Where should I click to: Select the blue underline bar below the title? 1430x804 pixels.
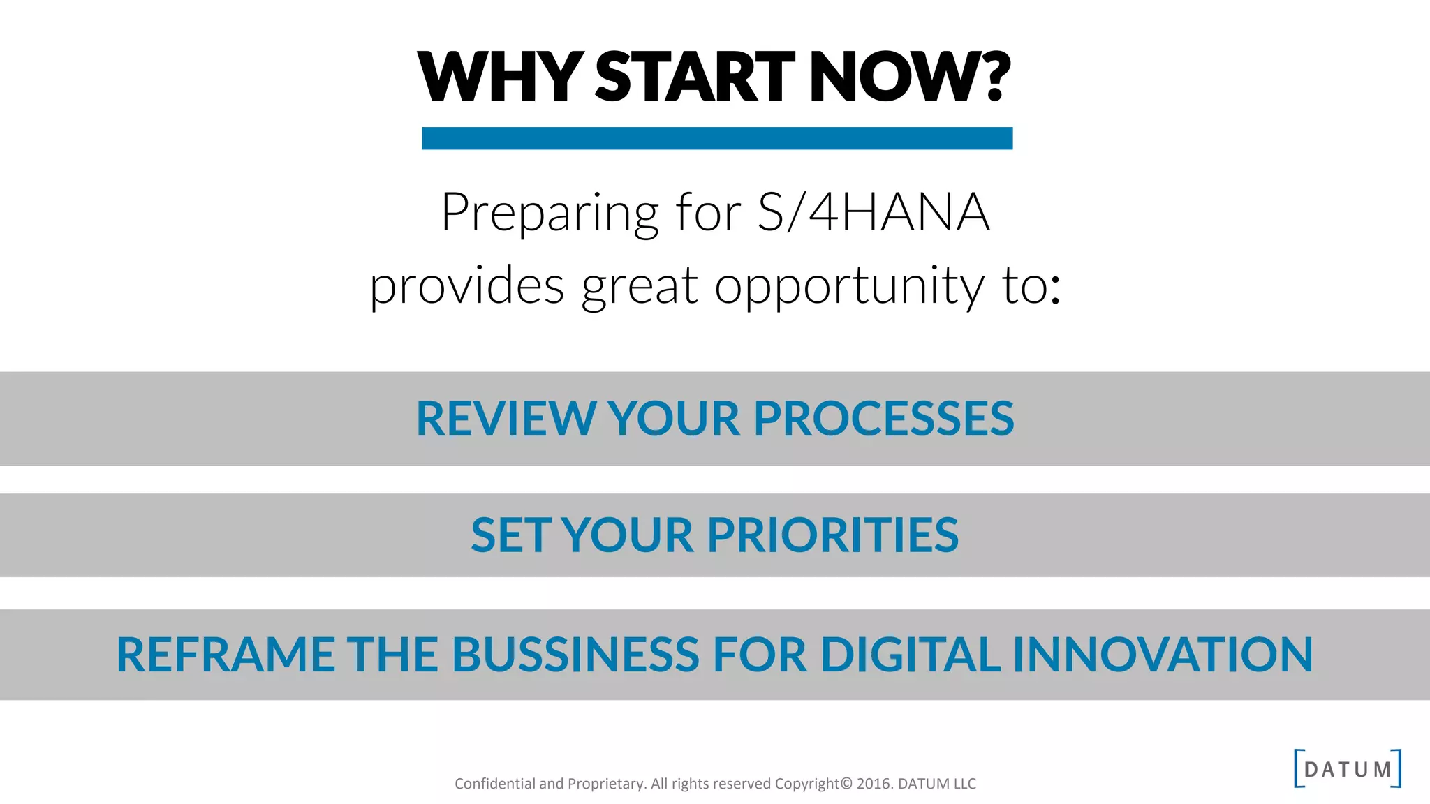(x=717, y=138)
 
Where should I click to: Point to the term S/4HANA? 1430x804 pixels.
(x=874, y=212)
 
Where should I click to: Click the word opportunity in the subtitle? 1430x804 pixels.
(x=849, y=287)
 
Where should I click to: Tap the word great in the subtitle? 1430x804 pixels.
(x=640, y=287)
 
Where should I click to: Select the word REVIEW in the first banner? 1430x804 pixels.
(x=506, y=419)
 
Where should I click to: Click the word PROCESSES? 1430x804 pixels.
(x=883, y=419)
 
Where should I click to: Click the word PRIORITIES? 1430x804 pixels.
(x=832, y=536)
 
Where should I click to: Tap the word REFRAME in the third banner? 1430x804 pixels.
(x=225, y=655)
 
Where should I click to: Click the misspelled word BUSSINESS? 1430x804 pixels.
(x=575, y=655)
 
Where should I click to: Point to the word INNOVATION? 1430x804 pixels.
(x=1163, y=655)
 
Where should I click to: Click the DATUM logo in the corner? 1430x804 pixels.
(x=1347, y=769)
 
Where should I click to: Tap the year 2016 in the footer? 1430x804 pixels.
(x=874, y=784)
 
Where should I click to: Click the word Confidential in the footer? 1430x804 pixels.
(x=494, y=784)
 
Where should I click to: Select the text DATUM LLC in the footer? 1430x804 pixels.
(x=936, y=784)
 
